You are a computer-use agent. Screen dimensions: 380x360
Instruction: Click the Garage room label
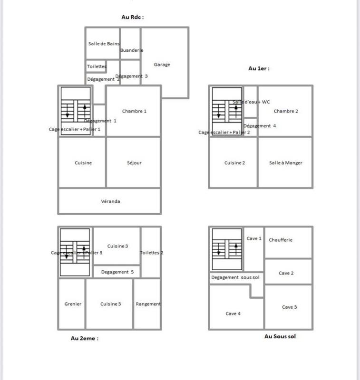[162, 65]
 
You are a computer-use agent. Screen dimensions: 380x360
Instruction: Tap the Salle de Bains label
[104, 44]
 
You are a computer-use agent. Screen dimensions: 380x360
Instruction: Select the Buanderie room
[131, 50]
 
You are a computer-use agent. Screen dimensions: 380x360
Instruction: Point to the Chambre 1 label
[134, 111]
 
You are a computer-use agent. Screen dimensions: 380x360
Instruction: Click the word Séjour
[134, 163]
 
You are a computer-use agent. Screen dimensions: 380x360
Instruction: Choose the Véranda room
[110, 201]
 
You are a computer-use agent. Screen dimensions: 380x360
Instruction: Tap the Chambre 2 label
[286, 111]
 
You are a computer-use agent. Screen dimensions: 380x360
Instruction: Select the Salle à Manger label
[285, 163]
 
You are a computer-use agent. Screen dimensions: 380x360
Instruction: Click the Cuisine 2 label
[234, 163]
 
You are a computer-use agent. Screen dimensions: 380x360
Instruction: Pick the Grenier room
[73, 304]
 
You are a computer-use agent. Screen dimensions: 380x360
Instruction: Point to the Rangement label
[148, 304]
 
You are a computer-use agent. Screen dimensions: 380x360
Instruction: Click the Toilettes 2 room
[151, 253]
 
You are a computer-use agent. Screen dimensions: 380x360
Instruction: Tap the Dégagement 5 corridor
[117, 272]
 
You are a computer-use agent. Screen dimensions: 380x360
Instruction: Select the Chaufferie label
[281, 240]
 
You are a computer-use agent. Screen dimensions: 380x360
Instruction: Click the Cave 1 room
[254, 238]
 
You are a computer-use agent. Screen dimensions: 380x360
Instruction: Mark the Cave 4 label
[233, 313]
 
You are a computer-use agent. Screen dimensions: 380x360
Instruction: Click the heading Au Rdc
[133, 17]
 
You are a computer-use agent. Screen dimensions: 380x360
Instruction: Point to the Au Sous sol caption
[280, 336]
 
